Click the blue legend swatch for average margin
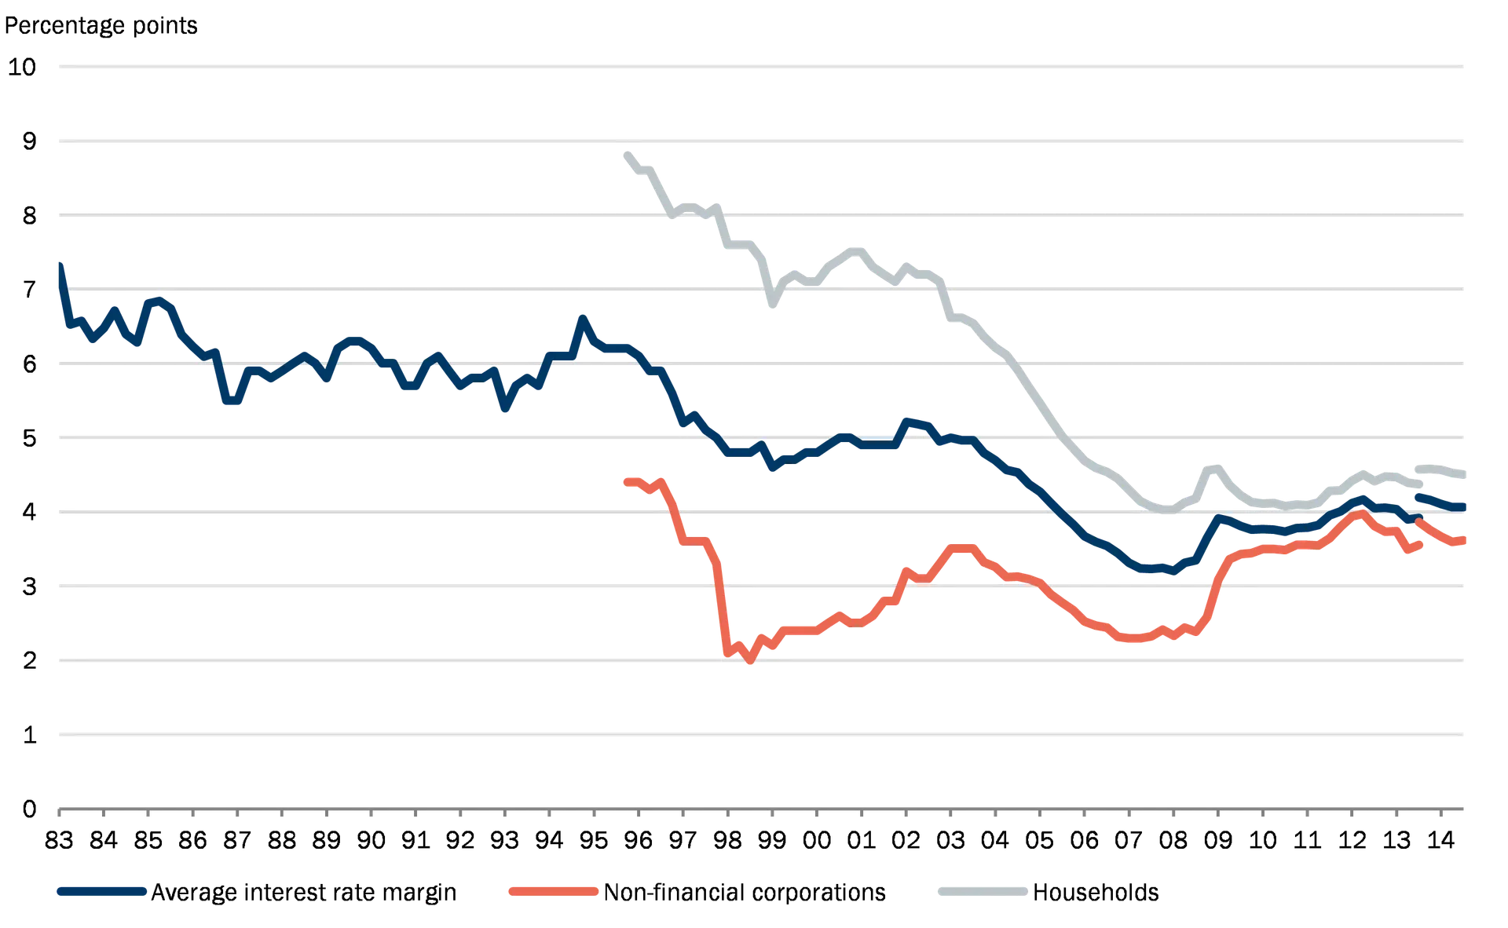point(102,891)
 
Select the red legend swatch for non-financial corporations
point(553,891)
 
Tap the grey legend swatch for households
point(983,891)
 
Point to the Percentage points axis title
point(102,28)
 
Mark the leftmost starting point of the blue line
point(60,261)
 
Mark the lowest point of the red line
point(750,665)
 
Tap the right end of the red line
point(1466,539)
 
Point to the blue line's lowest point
point(1173,572)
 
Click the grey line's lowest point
point(1167,515)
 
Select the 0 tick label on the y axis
point(30,809)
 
